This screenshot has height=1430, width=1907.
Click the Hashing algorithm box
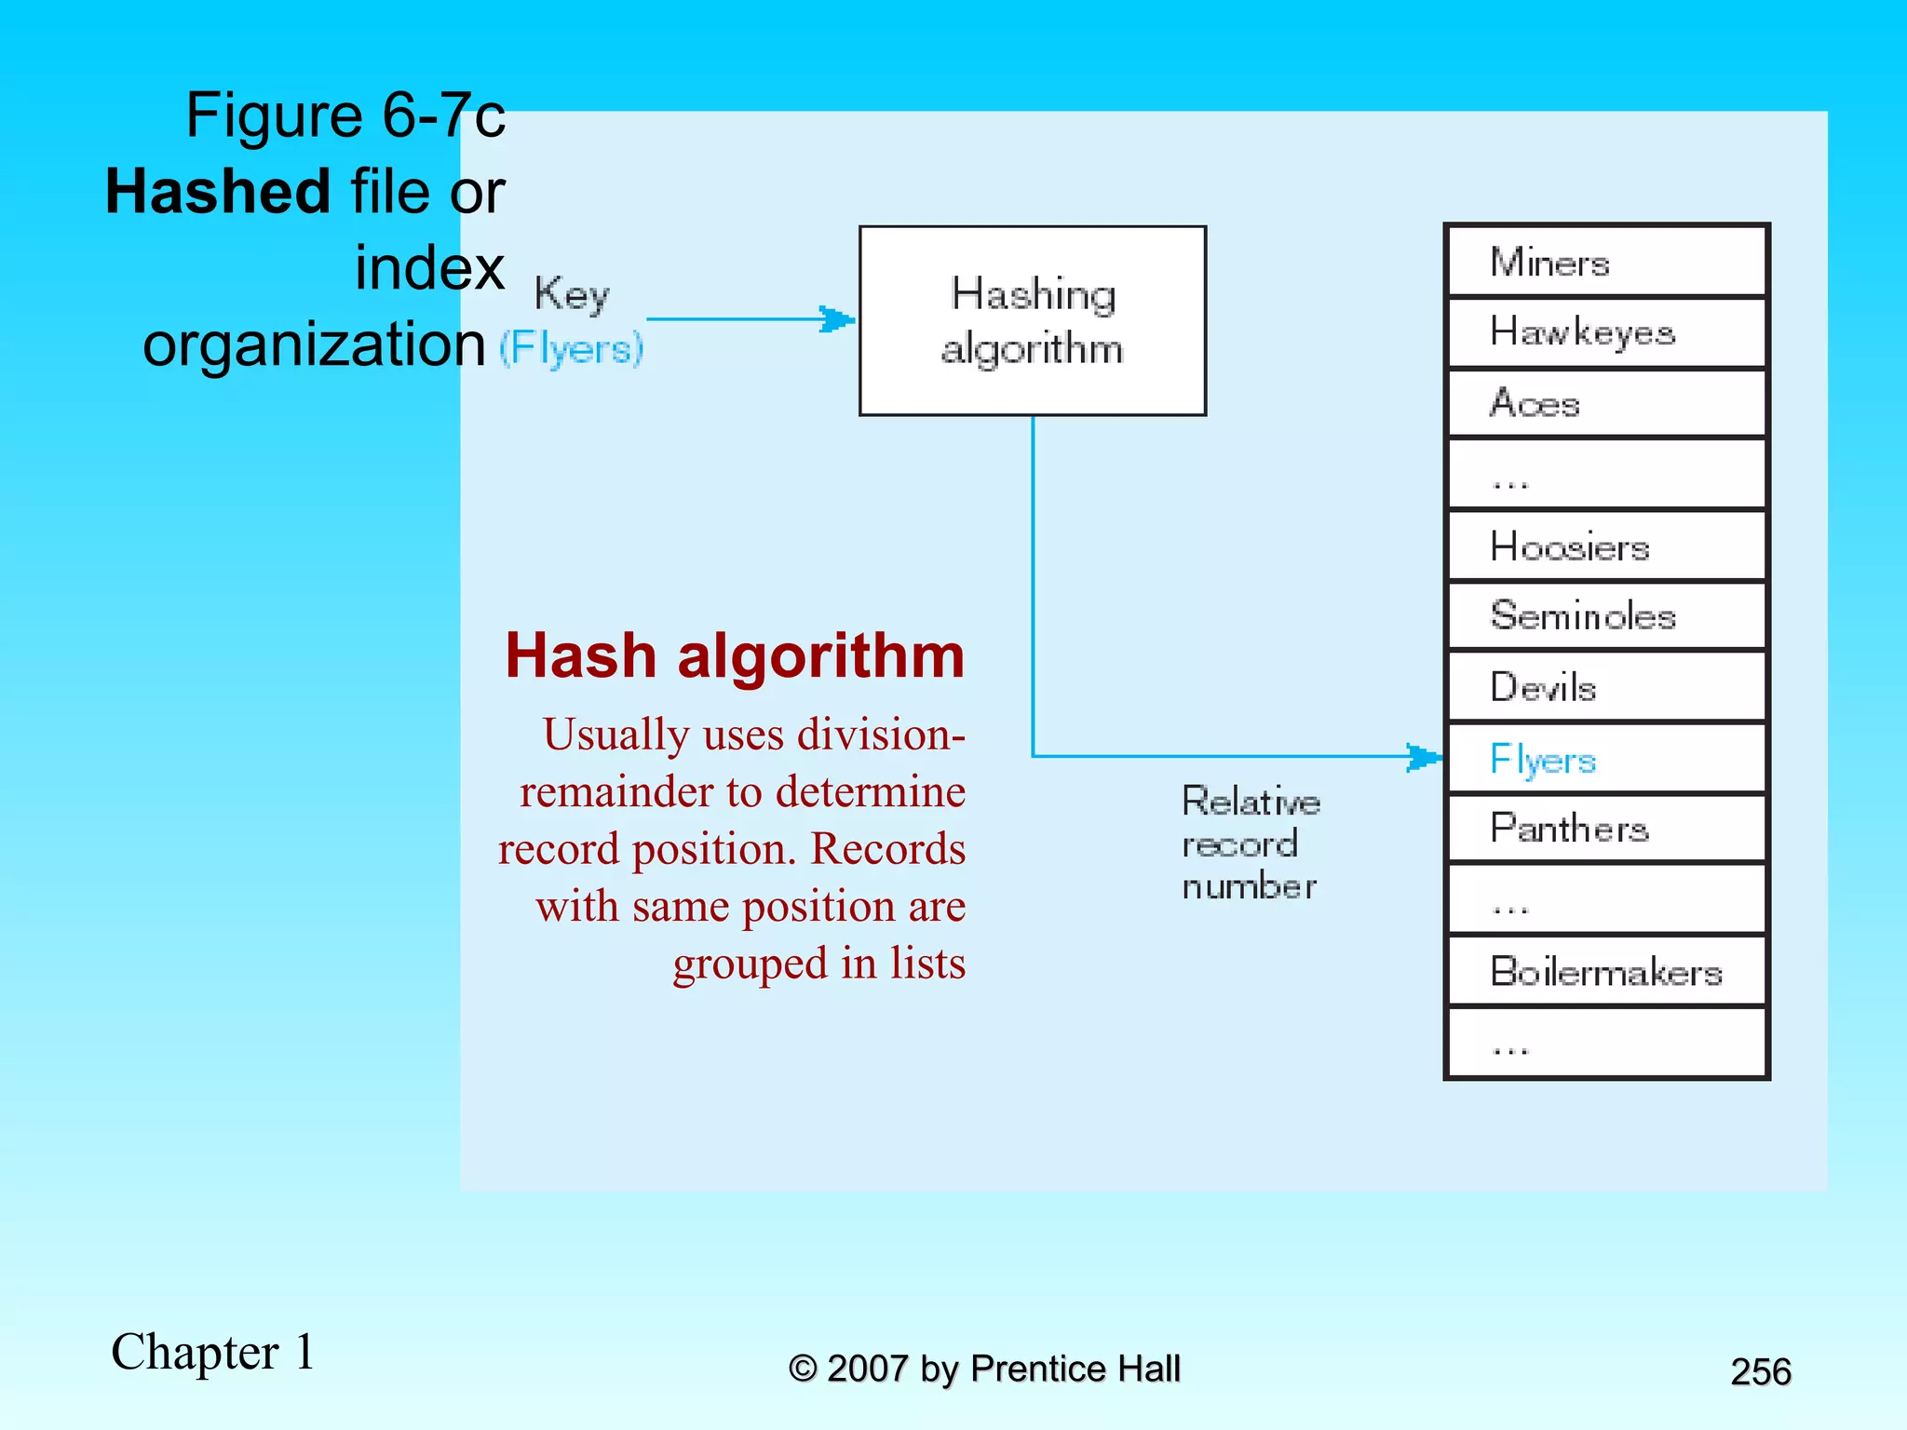[1032, 320]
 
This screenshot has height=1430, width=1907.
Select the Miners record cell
[1606, 262]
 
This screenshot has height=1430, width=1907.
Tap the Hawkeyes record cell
[1606, 332]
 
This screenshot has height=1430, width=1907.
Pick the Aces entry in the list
[1606, 403]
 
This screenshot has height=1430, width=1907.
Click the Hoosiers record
[1606, 546]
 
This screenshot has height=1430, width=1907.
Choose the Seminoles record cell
[1606, 615]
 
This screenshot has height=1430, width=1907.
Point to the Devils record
[1606, 687]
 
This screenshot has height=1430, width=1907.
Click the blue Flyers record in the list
[1606, 759]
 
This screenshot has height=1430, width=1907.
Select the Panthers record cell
[1606, 829]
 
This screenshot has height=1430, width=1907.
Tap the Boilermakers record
[1606, 971]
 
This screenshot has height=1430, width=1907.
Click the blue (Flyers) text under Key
[571, 349]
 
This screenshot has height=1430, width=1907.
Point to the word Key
[571, 294]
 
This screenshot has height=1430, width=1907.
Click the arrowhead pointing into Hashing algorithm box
[837, 319]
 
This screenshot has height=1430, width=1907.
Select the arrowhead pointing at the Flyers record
[1424, 757]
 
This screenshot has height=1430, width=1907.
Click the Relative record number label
[1251, 843]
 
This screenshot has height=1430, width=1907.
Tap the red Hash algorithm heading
[735, 655]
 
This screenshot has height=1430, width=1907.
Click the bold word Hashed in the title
[218, 192]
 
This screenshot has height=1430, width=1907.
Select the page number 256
[1760, 1371]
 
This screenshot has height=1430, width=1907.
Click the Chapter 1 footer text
[213, 1352]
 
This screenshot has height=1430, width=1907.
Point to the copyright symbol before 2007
[803, 1369]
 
